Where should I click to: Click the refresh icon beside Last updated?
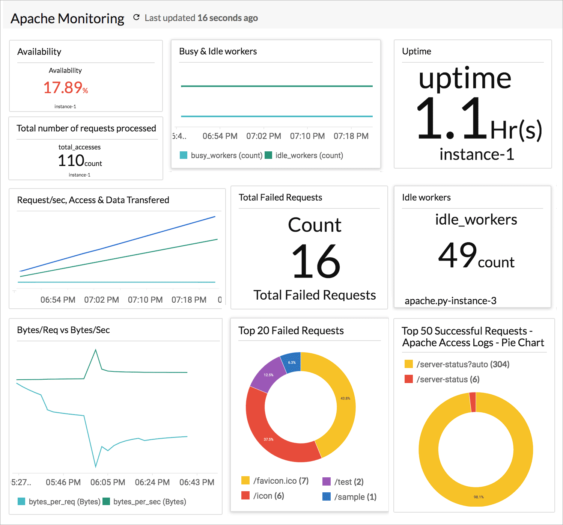tap(137, 18)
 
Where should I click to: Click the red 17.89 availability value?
tap(63, 87)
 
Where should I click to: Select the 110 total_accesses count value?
tap(71, 160)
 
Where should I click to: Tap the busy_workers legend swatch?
tap(184, 155)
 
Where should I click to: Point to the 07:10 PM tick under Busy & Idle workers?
tap(307, 136)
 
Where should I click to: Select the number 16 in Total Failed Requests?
tap(316, 261)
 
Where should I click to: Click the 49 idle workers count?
tap(457, 255)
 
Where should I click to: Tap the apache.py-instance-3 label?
tap(450, 300)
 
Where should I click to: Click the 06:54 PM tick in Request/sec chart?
tap(58, 300)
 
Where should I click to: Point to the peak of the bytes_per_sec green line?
tap(96, 350)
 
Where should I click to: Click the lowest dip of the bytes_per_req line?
tap(96, 466)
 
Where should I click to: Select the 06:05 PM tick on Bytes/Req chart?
tap(108, 482)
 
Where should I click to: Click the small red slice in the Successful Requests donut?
tap(473, 402)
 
